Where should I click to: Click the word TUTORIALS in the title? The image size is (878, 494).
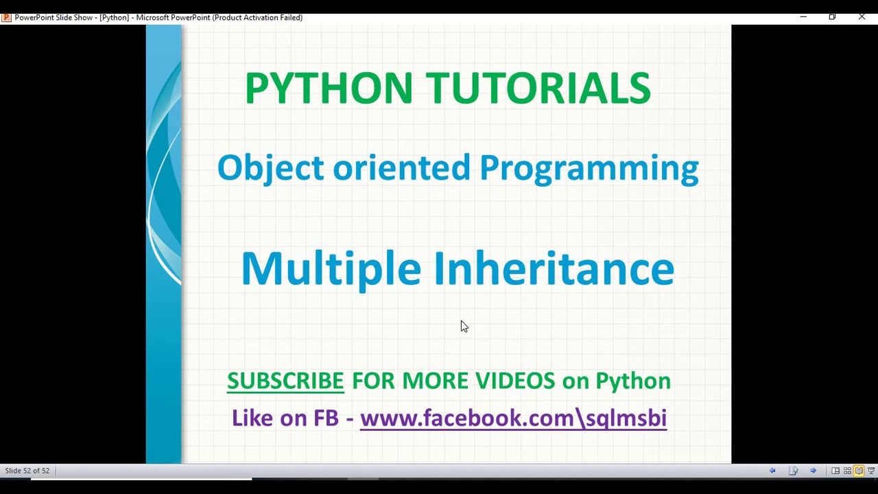coord(538,88)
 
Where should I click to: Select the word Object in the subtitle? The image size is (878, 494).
coord(270,168)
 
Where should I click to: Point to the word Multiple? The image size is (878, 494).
coord(331,269)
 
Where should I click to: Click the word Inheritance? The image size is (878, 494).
coord(554,268)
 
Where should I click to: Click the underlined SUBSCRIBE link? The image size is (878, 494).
coord(285,381)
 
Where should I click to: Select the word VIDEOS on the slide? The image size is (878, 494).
coord(514,381)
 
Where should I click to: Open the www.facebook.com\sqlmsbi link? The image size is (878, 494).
coord(513,418)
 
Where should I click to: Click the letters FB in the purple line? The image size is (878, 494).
coord(326,418)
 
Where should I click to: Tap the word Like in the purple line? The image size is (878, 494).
coord(251,418)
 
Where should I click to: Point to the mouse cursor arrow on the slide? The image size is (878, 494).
coord(464,327)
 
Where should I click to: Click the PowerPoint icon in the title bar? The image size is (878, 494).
coord(6,17)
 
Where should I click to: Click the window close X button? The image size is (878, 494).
coord(862,16)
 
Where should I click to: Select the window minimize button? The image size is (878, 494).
coord(803,16)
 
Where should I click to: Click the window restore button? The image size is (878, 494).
coord(832,16)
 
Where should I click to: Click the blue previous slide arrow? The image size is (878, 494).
coord(772,471)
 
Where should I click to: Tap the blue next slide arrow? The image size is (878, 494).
coord(813,471)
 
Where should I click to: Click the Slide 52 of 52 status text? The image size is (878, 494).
coord(27,471)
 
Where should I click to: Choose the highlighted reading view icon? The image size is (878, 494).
coord(859,471)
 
